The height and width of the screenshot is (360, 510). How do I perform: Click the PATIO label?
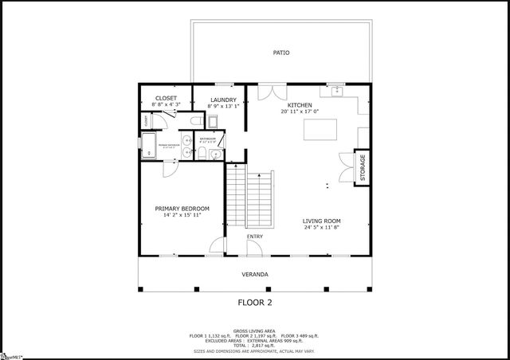pyautogui.click(x=281, y=53)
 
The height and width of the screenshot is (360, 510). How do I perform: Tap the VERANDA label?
pyautogui.click(x=255, y=274)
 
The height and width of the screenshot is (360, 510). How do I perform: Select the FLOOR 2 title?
pyautogui.click(x=255, y=302)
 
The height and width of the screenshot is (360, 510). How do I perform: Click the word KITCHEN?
pyautogui.click(x=299, y=104)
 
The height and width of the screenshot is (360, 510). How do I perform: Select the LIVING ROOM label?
pyautogui.click(x=322, y=221)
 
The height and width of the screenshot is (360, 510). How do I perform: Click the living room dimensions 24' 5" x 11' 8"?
pyautogui.click(x=322, y=228)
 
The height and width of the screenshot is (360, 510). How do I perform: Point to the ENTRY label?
pyautogui.click(x=255, y=237)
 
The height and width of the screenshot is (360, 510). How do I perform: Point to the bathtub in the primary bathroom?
pyautogui.click(x=148, y=145)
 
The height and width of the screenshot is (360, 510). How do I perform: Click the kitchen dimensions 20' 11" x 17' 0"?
pyautogui.click(x=299, y=112)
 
